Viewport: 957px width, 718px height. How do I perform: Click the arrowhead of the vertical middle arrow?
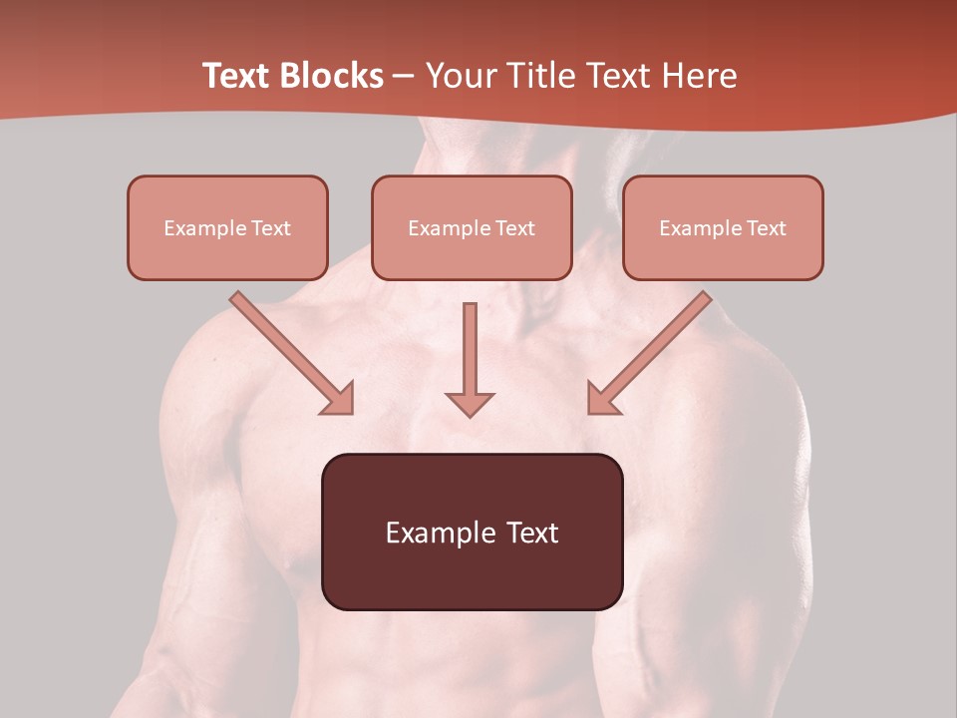(x=470, y=404)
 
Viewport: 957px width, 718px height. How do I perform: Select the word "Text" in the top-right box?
(x=766, y=228)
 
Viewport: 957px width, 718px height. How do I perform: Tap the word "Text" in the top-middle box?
(x=514, y=228)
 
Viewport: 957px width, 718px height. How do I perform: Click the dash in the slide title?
(x=404, y=77)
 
